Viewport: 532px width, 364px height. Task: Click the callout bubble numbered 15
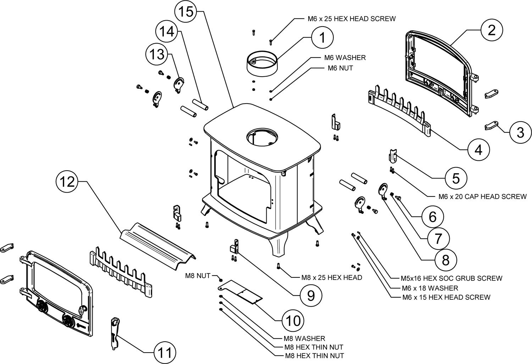(185, 11)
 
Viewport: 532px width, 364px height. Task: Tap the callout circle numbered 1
(322, 38)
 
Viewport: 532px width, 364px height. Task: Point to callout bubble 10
(293, 320)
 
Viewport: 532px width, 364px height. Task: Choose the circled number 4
(478, 150)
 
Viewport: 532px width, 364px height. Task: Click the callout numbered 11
(165, 353)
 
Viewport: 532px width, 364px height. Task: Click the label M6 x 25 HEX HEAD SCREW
(352, 19)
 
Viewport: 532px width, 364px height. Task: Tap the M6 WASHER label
(345, 58)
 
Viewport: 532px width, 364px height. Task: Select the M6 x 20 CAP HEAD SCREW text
(482, 197)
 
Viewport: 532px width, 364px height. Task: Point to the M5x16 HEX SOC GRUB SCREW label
(451, 278)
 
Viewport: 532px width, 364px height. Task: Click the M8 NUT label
(198, 276)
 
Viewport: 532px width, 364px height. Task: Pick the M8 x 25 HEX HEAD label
(332, 277)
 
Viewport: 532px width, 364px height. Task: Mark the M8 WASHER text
(304, 338)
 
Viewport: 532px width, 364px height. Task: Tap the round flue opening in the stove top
(262, 137)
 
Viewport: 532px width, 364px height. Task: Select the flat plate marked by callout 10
(240, 292)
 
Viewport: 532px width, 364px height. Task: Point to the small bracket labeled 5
(393, 156)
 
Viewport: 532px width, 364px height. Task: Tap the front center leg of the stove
(278, 245)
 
